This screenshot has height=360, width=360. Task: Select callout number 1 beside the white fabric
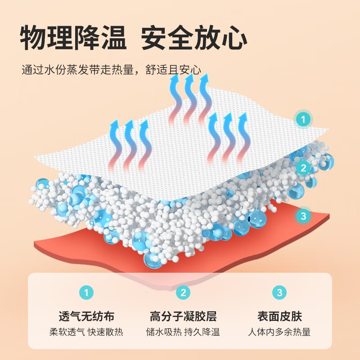[x=303, y=120]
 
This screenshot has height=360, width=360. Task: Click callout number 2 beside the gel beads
[x=303, y=168]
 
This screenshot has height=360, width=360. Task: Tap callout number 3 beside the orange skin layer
[x=303, y=216]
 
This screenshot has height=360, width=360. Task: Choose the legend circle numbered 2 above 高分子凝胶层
[x=183, y=293]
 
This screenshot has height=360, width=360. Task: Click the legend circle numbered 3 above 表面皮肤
[x=279, y=293]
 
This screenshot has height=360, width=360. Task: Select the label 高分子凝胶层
[x=183, y=316]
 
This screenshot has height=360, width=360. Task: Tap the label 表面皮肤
[x=279, y=316]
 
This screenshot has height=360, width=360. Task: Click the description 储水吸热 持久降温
[x=183, y=333]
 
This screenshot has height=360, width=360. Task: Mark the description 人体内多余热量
[x=279, y=333]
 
